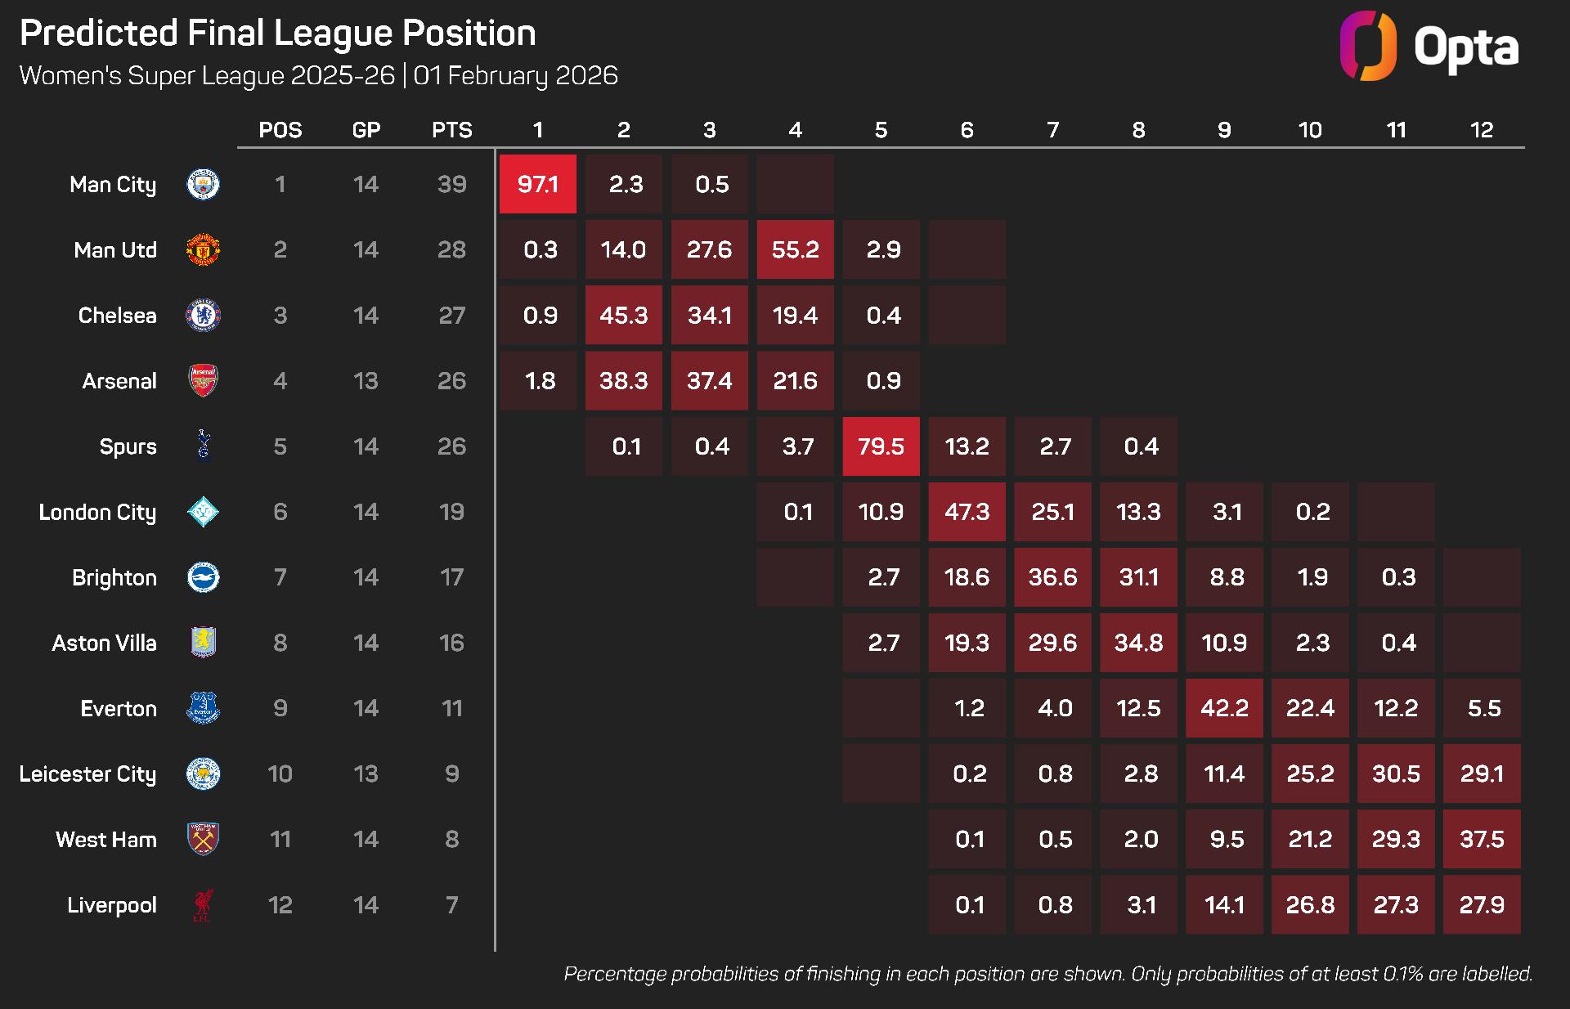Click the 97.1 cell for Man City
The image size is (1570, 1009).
pos(537,184)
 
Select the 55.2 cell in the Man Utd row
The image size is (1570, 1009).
pos(795,249)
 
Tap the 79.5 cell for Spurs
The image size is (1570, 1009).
pos(881,446)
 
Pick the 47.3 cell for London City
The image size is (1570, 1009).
pos(967,512)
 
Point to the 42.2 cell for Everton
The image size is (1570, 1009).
pos(1224,708)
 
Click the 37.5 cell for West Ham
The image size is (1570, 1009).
pos(1482,839)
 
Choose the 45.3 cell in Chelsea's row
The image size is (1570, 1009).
pos(623,315)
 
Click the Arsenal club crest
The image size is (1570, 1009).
pos(203,381)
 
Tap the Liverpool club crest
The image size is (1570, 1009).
pos(203,905)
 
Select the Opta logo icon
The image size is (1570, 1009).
pos(1368,46)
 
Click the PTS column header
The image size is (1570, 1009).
pos(451,130)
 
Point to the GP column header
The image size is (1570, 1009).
pos(366,130)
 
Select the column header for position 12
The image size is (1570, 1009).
pos(1482,130)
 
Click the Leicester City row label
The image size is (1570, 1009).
pos(87,774)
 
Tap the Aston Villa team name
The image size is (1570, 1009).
pos(104,643)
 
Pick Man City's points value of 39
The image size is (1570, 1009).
pos(451,184)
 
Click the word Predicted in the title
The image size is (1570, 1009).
pos(98,34)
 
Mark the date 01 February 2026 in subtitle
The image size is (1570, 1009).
pos(515,75)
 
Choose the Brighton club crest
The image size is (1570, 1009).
pos(203,577)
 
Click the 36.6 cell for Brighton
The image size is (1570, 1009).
pos(1052,577)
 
